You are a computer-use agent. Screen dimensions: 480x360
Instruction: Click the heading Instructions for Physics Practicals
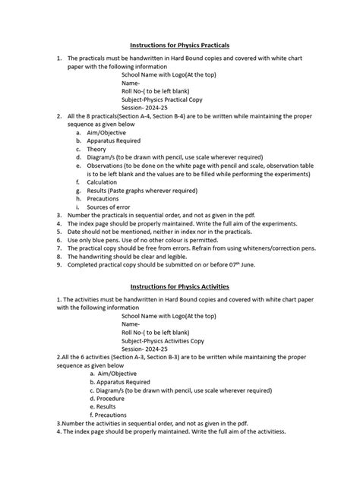tap(179, 46)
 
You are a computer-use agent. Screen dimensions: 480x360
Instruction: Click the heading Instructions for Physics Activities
tap(179, 286)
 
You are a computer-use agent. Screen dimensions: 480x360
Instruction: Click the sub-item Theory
tap(98, 150)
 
